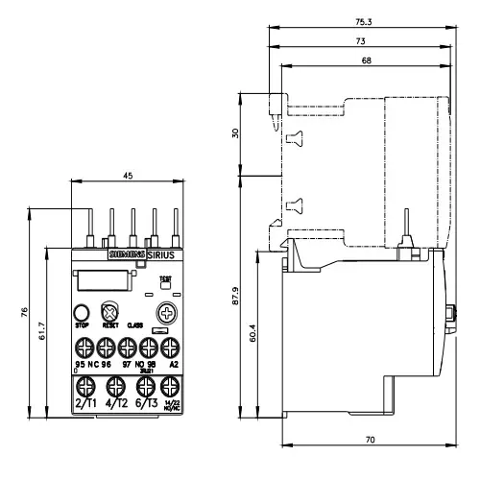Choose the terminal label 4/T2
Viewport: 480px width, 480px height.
114,405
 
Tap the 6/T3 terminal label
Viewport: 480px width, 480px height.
144,405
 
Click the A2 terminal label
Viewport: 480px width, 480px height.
173,365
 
